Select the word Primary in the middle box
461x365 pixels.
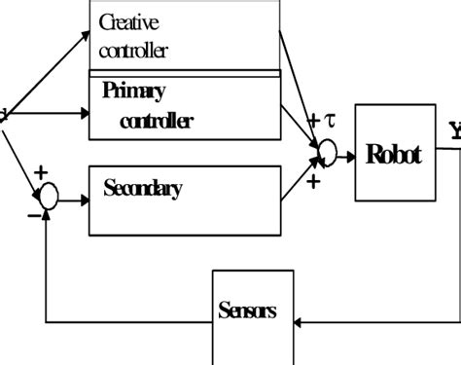pos(133,91)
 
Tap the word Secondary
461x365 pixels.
pos(142,189)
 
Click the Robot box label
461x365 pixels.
pos(393,155)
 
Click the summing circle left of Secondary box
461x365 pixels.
pos(48,197)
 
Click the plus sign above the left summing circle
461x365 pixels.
pos(40,173)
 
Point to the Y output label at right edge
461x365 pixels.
pos(454,129)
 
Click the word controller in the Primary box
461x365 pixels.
pos(157,122)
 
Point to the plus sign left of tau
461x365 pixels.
pos(314,121)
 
